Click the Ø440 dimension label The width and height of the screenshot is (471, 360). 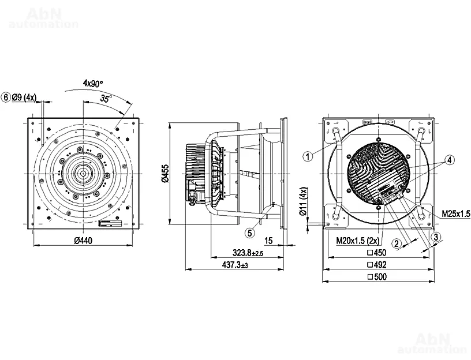(x=85, y=240)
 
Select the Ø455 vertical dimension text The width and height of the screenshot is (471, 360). (x=165, y=173)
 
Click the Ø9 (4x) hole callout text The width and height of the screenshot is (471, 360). (x=24, y=97)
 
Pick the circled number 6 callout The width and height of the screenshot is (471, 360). (x=6, y=97)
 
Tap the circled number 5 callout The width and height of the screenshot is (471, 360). (x=249, y=233)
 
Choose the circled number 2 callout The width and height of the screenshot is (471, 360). (x=397, y=243)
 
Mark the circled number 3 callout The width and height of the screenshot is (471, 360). (x=436, y=237)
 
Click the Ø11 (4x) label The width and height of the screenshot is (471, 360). (x=304, y=202)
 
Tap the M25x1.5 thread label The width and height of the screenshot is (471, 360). (x=455, y=213)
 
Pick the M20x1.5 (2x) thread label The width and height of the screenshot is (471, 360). (x=358, y=240)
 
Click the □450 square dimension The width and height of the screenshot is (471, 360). (x=376, y=253)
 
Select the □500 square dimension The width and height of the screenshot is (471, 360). (x=376, y=277)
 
